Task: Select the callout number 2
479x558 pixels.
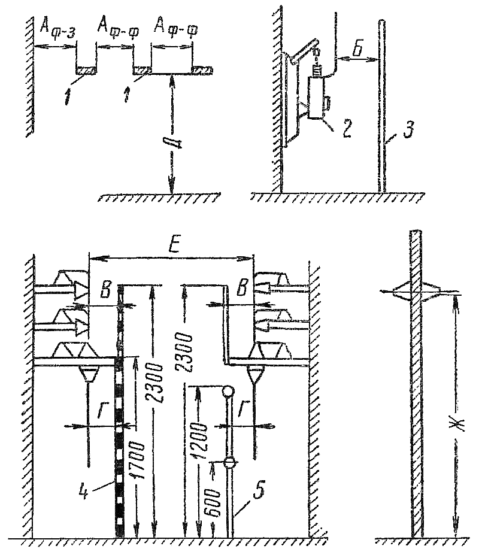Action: [x=346, y=129]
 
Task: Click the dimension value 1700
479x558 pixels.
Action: [x=140, y=460]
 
